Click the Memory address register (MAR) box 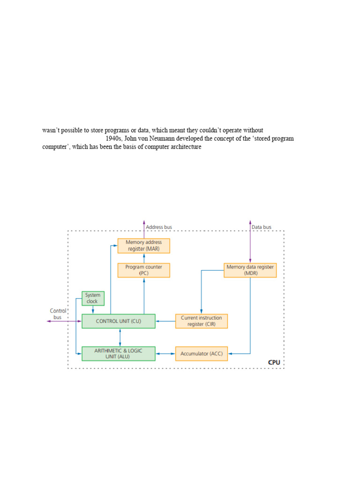[x=143, y=246]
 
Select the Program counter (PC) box [x=143, y=270]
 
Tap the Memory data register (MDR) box [x=250, y=270]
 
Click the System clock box [x=93, y=298]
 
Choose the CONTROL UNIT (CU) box [x=118, y=321]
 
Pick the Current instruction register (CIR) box [x=201, y=321]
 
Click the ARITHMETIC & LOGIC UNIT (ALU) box [x=118, y=353]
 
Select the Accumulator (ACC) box [x=201, y=353]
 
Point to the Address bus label [x=159, y=227]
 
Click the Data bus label [x=262, y=227]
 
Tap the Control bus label [x=58, y=314]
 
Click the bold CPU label [x=274, y=362]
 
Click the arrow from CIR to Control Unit [x=165, y=321]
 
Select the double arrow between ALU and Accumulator [x=165, y=353]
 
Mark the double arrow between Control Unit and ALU [x=120, y=337]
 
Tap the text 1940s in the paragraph [x=114, y=139]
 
